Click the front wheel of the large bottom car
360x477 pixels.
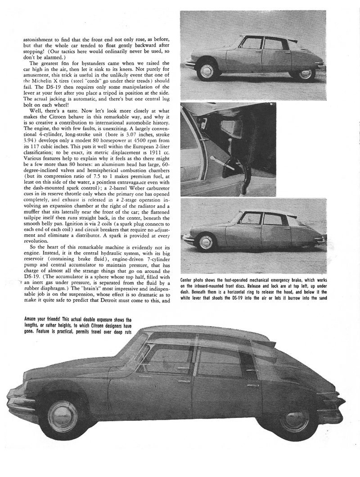(63, 416)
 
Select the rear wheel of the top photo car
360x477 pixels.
(305, 73)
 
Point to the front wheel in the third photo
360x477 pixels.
(206, 241)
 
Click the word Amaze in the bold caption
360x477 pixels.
(32, 318)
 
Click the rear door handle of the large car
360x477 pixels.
(252, 385)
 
